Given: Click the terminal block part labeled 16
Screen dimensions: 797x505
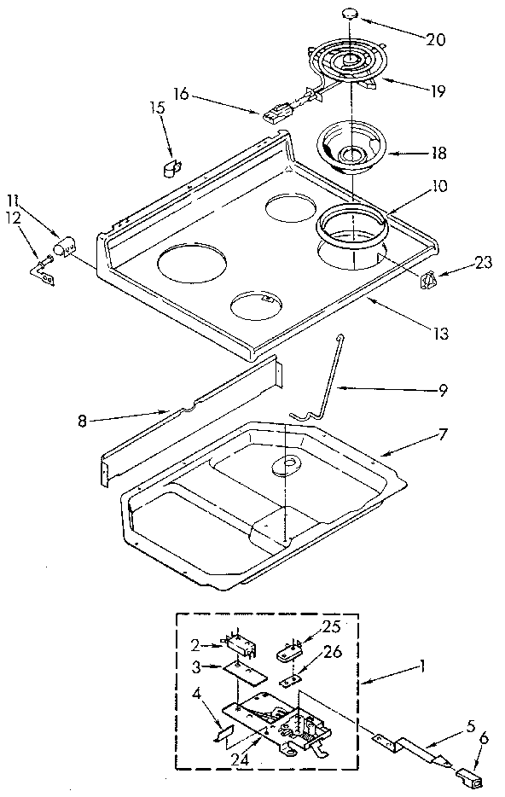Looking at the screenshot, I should click(278, 113).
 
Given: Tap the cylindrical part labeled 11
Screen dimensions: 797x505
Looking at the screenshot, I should click(61, 248).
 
